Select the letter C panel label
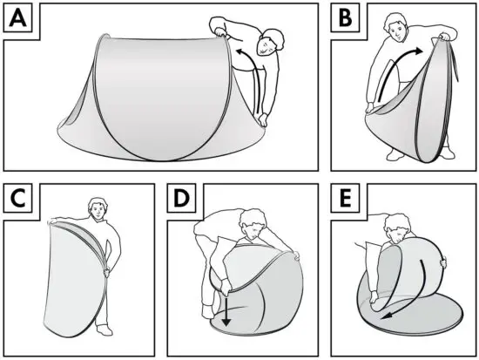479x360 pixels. click(x=19, y=200)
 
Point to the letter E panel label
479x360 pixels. click(x=346, y=200)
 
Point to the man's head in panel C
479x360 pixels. click(x=95, y=209)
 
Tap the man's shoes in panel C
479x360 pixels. click(x=100, y=334)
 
